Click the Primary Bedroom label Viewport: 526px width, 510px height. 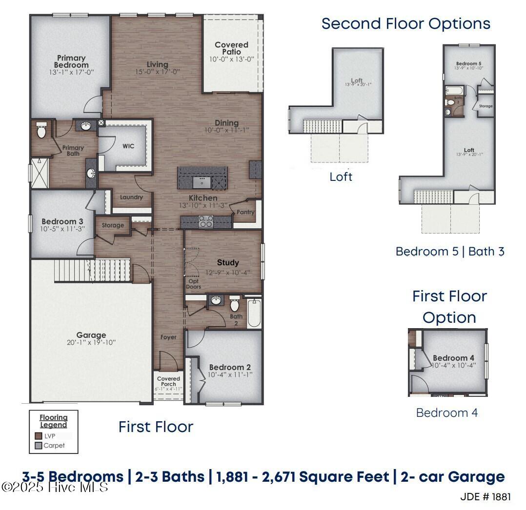pos(71,61)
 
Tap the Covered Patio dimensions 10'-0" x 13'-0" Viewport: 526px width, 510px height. pos(231,59)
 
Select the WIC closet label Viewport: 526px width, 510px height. pos(128,146)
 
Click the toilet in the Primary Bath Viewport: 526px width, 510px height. pos(41,130)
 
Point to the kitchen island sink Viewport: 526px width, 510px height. pos(202,182)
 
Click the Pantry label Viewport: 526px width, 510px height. pos(244,213)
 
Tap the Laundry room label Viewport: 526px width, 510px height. pos(131,197)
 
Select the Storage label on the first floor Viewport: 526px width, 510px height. pos(113,225)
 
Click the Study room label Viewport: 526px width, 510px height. pos(228,263)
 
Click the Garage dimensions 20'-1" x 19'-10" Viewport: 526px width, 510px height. pos(91,342)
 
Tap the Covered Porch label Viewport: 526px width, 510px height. pos(169,381)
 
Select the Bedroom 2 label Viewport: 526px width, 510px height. pos(230,367)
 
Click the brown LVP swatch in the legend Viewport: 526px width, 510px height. pos(39,436)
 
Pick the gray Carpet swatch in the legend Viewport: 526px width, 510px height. pos(39,445)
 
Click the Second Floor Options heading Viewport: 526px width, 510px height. pos(405,23)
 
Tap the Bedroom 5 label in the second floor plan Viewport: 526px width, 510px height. pos(468,64)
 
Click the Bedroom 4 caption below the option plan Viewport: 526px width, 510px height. pos(446,412)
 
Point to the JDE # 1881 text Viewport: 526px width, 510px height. pos(486,497)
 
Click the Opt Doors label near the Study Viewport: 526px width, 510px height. pos(193,284)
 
